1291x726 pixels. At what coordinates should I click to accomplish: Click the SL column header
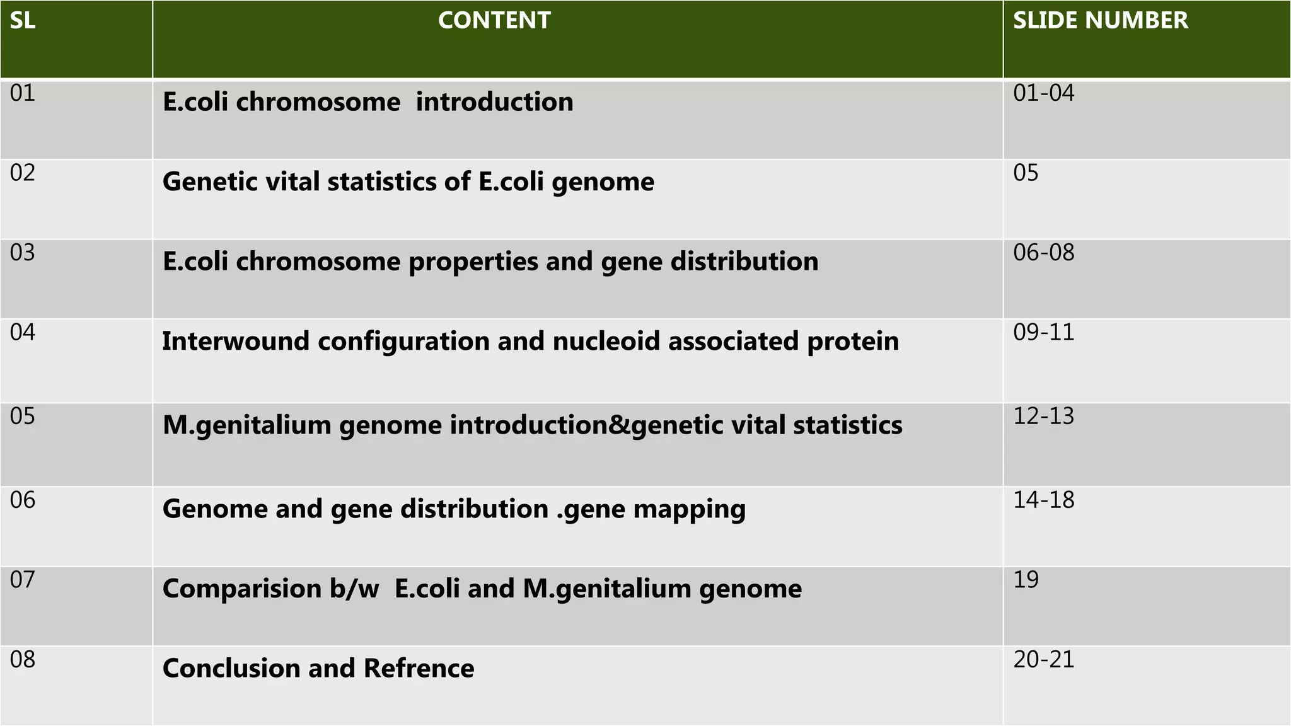23,21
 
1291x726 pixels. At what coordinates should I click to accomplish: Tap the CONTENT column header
494,21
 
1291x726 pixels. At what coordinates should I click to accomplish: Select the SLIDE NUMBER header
1100,21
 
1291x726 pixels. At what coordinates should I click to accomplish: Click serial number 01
23,93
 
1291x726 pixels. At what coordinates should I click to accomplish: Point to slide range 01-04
1043,93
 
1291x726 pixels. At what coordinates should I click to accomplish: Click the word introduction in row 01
494,102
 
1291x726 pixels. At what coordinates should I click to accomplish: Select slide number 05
1026,173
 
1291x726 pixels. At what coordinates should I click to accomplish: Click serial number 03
23,253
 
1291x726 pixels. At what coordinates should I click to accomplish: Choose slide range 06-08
1043,253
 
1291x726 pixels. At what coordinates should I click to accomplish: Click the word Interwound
236,342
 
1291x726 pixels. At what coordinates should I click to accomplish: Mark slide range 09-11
1043,332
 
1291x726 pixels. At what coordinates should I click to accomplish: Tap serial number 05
23,417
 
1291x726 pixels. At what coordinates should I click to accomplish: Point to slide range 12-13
1043,417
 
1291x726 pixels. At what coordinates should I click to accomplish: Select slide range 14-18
1043,500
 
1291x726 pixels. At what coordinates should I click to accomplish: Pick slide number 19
1026,580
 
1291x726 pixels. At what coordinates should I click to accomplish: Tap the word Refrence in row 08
419,669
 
